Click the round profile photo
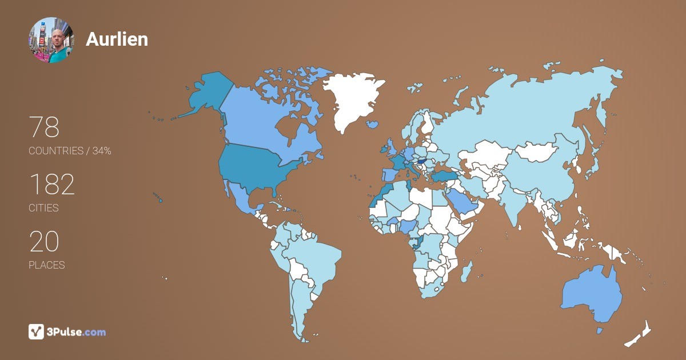tap(51, 39)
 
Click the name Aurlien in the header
tap(117, 39)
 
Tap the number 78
tap(44, 127)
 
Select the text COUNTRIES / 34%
tap(70, 151)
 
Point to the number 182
tap(51, 185)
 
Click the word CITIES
tap(43, 208)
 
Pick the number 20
tap(44, 242)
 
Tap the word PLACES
tap(46, 265)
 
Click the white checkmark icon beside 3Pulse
tap(36, 331)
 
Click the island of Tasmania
tap(600, 330)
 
